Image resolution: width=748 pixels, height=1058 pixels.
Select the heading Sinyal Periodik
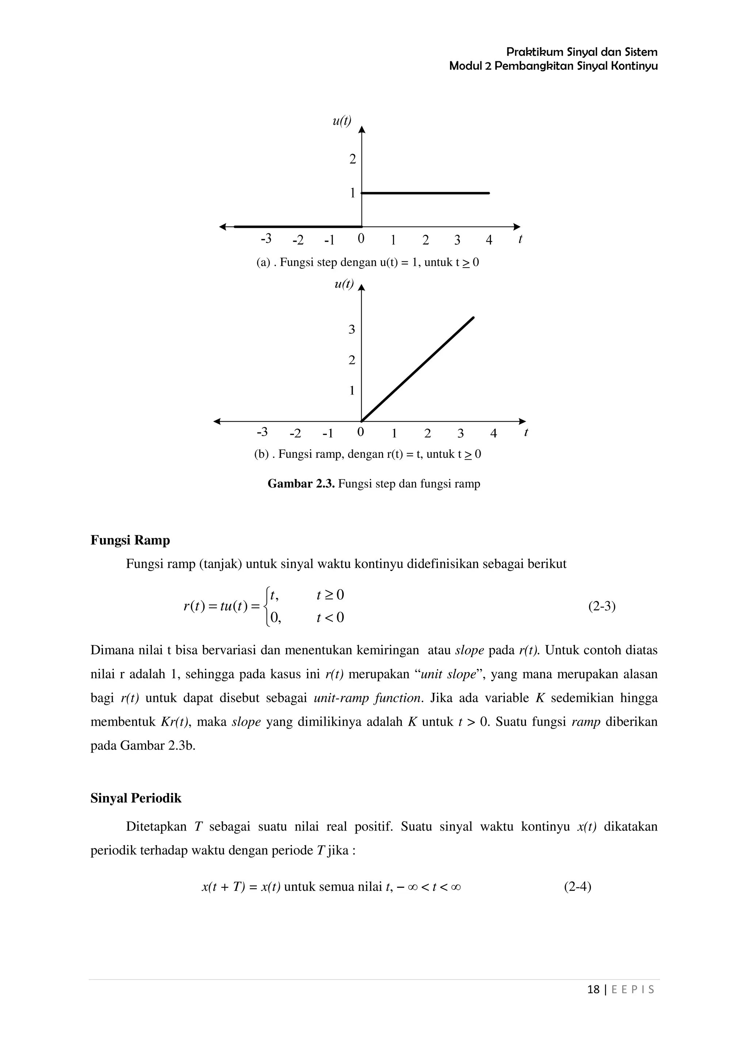pyautogui.click(x=136, y=798)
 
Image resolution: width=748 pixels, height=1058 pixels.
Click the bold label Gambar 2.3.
pyautogui.click(x=301, y=484)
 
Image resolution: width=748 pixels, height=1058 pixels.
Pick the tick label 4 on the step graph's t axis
pyautogui.click(x=489, y=240)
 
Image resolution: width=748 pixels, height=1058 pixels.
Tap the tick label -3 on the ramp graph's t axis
pyautogui.click(x=262, y=432)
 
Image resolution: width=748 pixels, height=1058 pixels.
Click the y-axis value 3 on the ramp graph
pyautogui.click(x=352, y=330)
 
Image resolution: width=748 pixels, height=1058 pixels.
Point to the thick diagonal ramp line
pyautogui.click(x=417, y=369)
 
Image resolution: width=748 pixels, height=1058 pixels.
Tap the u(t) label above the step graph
pyautogui.click(x=341, y=121)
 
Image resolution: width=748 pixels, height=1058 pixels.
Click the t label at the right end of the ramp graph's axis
pyautogui.click(x=526, y=433)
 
